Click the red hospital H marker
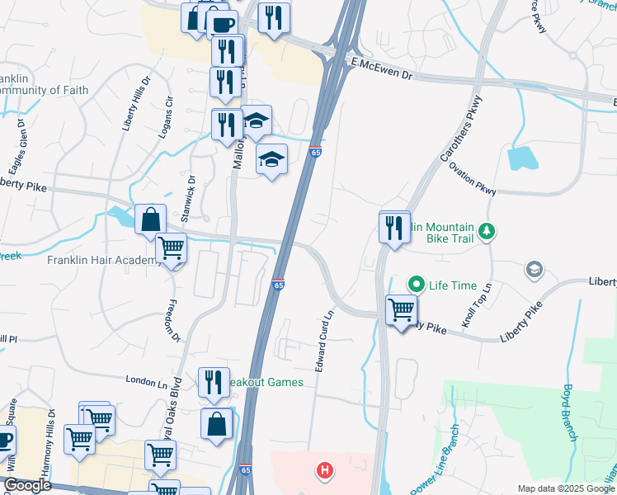(x=326, y=471)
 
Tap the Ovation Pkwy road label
(x=473, y=178)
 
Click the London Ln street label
(x=146, y=380)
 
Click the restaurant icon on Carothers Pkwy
(x=395, y=227)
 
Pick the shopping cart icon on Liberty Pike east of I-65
(x=401, y=310)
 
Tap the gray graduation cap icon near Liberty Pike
(x=534, y=270)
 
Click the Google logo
(x=26, y=486)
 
